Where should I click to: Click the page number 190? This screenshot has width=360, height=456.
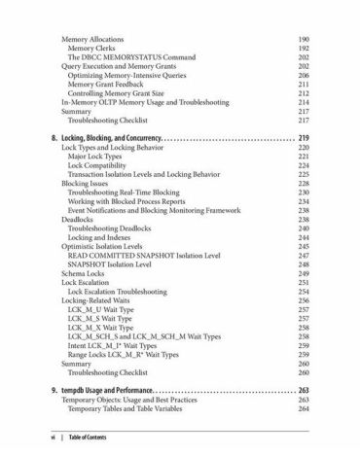[303, 38]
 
